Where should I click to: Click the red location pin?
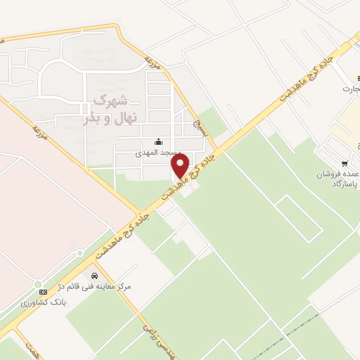click(x=181, y=166)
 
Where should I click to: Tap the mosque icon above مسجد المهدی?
click(x=158, y=141)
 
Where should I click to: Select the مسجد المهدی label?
click(x=159, y=152)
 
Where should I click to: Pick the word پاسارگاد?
click(x=345, y=184)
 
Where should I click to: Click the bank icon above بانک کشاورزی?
click(x=43, y=291)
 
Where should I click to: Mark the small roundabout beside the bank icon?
click(x=37, y=283)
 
